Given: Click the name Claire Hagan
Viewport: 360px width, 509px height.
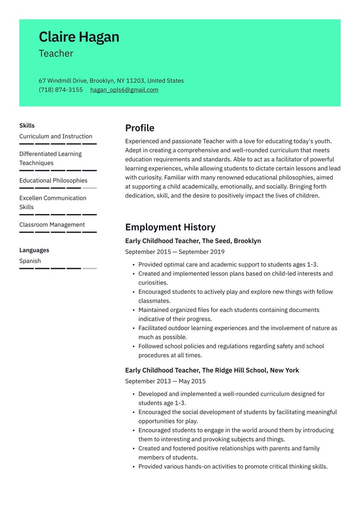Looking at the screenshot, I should pyautogui.click(x=79, y=37).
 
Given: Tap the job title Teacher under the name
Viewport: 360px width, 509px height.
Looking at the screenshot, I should pyautogui.click(x=56, y=54).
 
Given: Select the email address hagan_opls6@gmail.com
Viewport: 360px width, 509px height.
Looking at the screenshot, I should pyautogui.click(x=124, y=90).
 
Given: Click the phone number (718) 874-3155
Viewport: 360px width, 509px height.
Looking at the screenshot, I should pyautogui.click(x=60, y=90).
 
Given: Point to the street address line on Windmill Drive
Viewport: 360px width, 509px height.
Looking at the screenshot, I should pyautogui.click(x=111, y=81).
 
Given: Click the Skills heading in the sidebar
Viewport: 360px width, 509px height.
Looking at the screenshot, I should pyautogui.click(x=27, y=126).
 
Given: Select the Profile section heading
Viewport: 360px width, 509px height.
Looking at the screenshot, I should pyautogui.click(x=140, y=128).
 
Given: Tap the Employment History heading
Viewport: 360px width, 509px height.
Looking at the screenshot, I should pyautogui.click(x=170, y=227).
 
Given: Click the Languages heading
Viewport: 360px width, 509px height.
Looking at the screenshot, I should pyautogui.click(x=34, y=250).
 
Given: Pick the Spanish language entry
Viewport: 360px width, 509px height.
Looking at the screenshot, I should pyautogui.click(x=30, y=261).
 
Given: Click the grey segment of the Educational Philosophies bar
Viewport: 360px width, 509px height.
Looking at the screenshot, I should pyautogui.click(x=89, y=188).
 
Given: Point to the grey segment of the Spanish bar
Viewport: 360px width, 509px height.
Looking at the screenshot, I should pyautogui.click(x=89, y=268).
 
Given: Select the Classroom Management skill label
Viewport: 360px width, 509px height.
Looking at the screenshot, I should pyautogui.click(x=52, y=225).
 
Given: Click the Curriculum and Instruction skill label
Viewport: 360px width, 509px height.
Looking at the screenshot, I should pyautogui.click(x=56, y=136).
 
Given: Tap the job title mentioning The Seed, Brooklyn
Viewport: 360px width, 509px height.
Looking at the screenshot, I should pyautogui.click(x=193, y=241).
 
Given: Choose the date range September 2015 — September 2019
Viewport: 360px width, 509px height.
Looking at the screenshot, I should pyautogui.click(x=174, y=252).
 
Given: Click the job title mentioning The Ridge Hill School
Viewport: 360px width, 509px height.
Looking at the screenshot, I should pyautogui.click(x=212, y=370).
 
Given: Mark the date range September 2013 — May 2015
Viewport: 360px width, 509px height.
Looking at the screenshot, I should pyautogui.click(x=165, y=381).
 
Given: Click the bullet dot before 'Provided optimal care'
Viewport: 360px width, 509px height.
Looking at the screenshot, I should pyautogui.click(x=134, y=265).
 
